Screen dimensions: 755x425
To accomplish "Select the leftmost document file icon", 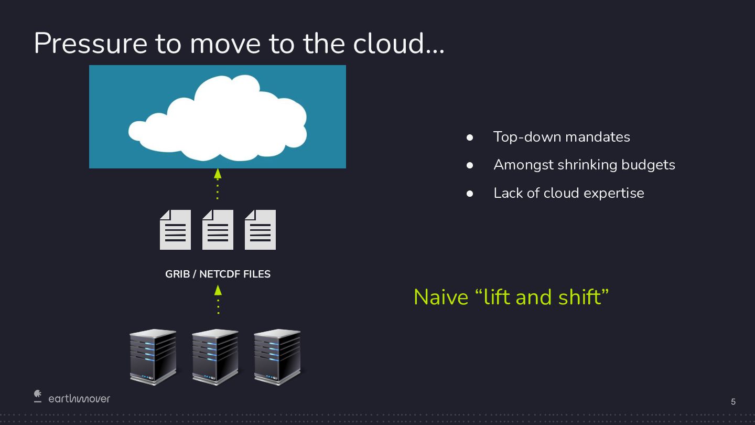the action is [175, 230].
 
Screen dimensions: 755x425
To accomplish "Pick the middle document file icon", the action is [218, 230].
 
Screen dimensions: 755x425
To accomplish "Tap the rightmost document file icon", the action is [260, 230].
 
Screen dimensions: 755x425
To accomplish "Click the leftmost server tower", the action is [153, 357].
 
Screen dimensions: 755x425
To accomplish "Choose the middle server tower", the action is [215, 357].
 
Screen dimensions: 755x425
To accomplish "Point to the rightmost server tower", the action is [277, 357].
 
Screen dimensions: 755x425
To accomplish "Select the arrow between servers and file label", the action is [218, 299].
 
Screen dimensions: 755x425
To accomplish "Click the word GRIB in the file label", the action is [177, 274].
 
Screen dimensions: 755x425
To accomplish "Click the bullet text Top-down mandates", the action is [562, 137].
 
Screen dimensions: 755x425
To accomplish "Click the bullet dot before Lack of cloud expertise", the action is [470, 194].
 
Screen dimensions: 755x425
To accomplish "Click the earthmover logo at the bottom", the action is [72, 398].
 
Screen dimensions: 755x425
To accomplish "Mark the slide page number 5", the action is [733, 402].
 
